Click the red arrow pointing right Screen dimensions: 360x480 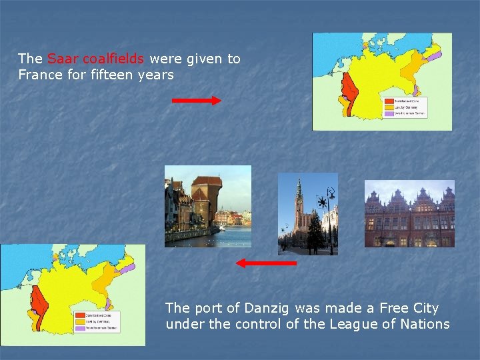point(197,101)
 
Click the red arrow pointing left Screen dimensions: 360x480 point(266,263)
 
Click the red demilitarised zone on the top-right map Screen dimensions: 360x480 point(347,87)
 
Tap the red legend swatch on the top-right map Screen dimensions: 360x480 point(388,101)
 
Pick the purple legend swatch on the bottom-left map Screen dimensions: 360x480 point(79,327)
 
